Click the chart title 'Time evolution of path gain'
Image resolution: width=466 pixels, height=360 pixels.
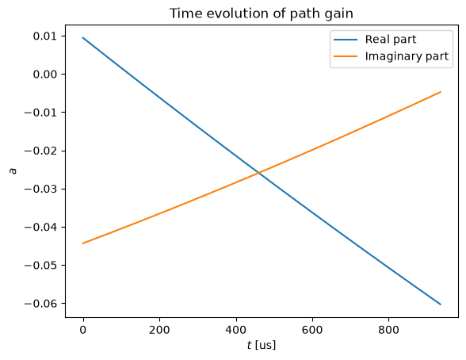(262, 13)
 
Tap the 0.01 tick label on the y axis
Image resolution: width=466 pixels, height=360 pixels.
(45, 36)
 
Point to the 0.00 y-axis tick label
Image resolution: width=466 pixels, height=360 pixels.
(45, 75)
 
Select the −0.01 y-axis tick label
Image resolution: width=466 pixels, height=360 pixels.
(40, 113)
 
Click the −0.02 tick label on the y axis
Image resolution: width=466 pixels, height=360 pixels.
(40, 151)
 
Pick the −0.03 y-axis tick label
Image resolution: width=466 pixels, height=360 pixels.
(40, 189)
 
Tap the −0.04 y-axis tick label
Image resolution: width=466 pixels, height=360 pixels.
(40, 228)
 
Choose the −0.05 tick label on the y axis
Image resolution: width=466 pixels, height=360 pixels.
(40, 266)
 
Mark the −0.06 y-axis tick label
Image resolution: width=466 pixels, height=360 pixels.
(40, 304)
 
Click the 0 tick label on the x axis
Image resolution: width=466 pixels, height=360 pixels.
(83, 330)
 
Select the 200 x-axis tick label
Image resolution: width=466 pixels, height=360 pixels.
(159, 330)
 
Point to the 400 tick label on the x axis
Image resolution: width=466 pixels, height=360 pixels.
(236, 330)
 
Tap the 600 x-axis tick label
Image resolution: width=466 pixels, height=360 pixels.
(312, 330)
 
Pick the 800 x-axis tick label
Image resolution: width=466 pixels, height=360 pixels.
(388, 330)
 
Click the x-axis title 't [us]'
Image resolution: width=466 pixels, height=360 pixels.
(262, 346)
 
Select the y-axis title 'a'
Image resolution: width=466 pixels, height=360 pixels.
(13, 171)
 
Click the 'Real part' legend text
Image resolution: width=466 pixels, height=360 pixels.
(391, 40)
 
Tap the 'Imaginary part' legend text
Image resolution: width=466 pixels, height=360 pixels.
(407, 56)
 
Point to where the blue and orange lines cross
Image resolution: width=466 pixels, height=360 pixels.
(258, 173)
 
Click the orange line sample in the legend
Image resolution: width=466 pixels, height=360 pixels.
(346, 56)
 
